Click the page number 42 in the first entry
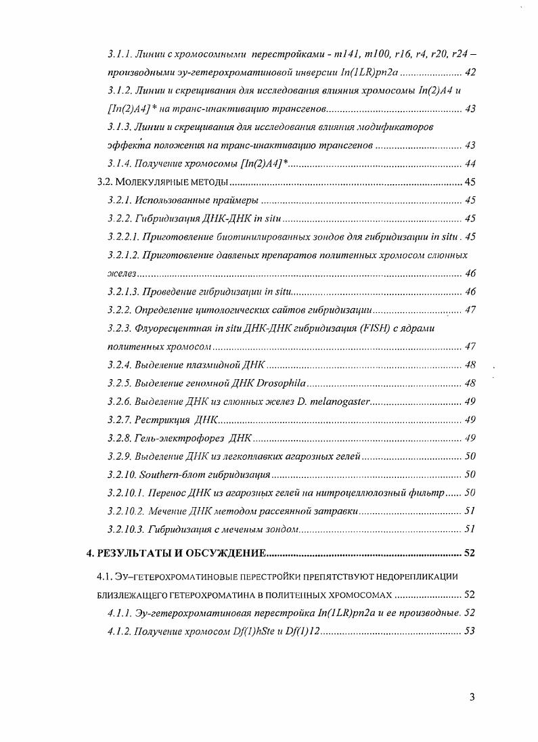coord(471,72)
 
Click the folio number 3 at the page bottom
coord(472,699)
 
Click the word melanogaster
coord(336,401)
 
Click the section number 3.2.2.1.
coord(122,236)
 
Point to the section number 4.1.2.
coord(118,631)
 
